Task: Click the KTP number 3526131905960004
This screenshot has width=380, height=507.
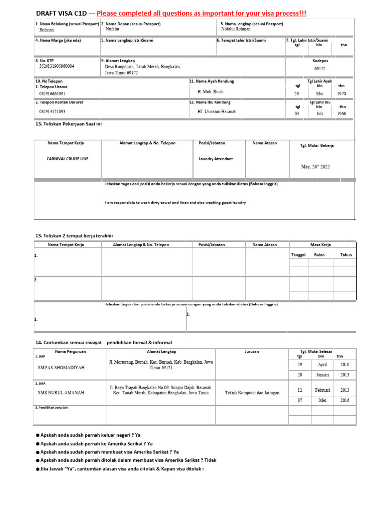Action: pyautogui.click(x=56, y=66)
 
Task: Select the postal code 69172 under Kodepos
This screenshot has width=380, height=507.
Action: pyautogui.click(x=320, y=69)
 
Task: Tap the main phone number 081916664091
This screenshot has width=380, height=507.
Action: pyautogui.click(x=52, y=93)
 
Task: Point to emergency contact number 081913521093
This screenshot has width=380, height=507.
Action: pyautogui.click(x=52, y=112)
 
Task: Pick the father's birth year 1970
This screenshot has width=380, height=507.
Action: pyautogui.click(x=342, y=93)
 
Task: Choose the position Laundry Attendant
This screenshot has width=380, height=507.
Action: pyautogui.click(x=215, y=159)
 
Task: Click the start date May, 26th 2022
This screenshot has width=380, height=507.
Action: pyautogui.click(x=315, y=167)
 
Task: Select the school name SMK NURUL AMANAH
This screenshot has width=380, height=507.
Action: pyautogui.click(x=61, y=392)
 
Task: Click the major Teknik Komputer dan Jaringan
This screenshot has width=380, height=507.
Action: pyautogui.click(x=252, y=392)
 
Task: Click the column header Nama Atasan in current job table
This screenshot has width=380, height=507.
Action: pyautogui.click(x=264, y=143)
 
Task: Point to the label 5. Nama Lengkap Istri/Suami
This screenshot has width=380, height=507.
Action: pyautogui.click(x=127, y=40)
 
